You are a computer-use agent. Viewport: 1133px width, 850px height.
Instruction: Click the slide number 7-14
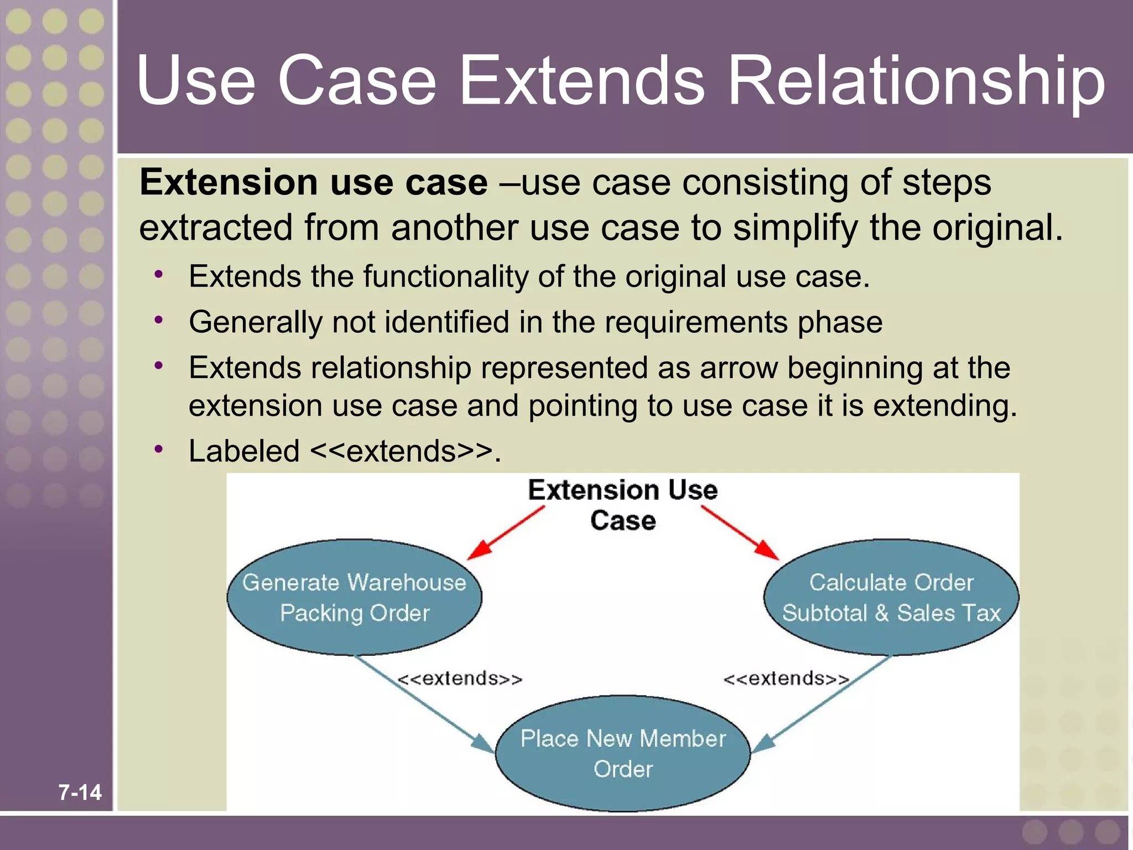pyautogui.click(x=80, y=792)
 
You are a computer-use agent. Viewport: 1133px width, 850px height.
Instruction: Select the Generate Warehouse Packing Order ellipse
pyautogui.click(x=354, y=598)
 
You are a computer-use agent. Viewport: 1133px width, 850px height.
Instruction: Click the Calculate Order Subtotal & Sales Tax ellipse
pyautogui.click(x=891, y=598)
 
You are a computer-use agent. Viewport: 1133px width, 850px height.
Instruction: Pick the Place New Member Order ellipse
pyautogui.click(x=623, y=753)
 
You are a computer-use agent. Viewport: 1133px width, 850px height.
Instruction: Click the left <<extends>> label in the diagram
pyautogui.click(x=460, y=678)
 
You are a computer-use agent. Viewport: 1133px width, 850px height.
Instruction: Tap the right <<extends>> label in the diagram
pyautogui.click(x=786, y=678)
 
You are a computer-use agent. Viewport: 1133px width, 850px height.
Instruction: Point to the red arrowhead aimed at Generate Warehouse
pyautogui.click(x=479, y=550)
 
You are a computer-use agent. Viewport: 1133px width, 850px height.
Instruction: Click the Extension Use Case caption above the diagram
pyautogui.click(x=623, y=505)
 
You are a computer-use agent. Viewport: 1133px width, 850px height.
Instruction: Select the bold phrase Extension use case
pyautogui.click(x=314, y=183)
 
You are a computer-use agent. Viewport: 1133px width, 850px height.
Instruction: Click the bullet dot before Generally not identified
pyautogui.click(x=159, y=320)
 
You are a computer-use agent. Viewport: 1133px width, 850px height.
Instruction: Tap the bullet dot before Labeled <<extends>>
pyautogui.click(x=159, y=449)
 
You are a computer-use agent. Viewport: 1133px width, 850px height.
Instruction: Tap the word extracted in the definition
pyautogui.click(x=216, y=227)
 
